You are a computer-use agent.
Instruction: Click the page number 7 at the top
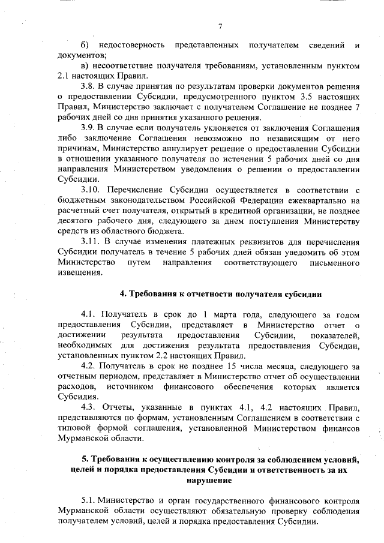[220, 26]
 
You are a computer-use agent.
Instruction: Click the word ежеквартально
[319, 199]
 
